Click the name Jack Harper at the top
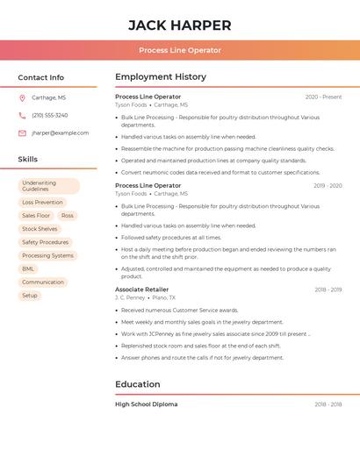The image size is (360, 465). point(180,25)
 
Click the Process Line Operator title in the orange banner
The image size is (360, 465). point(180,50)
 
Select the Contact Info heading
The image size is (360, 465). point(40,77)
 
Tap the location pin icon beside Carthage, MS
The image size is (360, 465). point(22,97)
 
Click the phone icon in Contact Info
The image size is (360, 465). point(22,115)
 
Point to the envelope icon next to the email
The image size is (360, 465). point(22,133)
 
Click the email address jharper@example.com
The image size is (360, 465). point(60,133)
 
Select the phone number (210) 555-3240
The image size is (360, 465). point(49,115)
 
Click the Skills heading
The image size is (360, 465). point(28,160)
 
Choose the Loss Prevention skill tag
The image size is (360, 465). point(42,203)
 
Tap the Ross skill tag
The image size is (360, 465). point(68,216)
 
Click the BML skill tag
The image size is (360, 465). point(28,268)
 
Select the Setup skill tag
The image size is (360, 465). point(30,296)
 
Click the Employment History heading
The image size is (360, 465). point(161,77)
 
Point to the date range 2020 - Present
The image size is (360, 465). point(323,97)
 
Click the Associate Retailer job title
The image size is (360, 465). point(141,290)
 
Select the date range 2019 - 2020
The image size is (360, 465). point(328,186)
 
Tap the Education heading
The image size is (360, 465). point(138,384)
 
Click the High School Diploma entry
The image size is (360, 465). point(146,404)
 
